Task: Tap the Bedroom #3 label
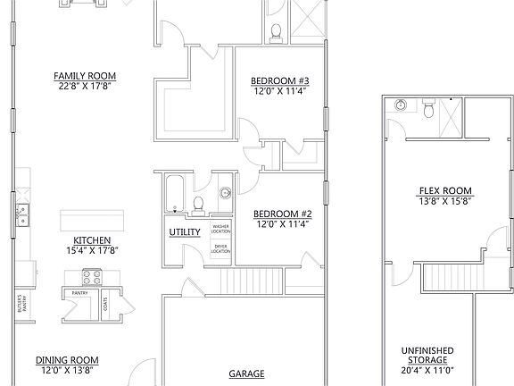click(279, 80)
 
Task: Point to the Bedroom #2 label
click(282, 214)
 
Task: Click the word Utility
click(184, 233)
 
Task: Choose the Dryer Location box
click(220, 249)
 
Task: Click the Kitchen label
click(92, 240)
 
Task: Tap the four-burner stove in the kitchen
click(93, 275)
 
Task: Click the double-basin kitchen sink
click(22, 214)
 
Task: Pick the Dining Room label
click(67, 360)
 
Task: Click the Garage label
click(245, 373)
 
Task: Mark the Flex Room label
click(444, 191)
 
